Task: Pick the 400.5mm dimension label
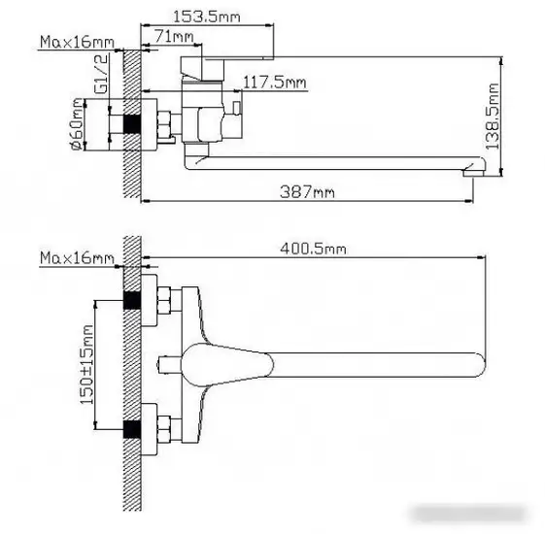click(x=313, y=249)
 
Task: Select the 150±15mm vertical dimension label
click(x=86, y=366)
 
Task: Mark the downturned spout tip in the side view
click(x=469, y=174)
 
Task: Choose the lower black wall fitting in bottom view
click(x=134, y=428)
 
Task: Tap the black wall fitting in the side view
click(x=134, y=124)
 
